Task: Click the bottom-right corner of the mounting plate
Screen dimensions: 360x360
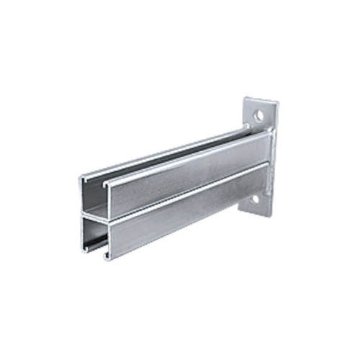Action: point(269,214)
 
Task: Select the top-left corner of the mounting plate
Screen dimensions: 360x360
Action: point(246,99)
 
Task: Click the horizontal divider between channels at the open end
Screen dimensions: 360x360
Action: point(94,214)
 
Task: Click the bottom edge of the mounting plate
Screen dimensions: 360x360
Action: point(259,214)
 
